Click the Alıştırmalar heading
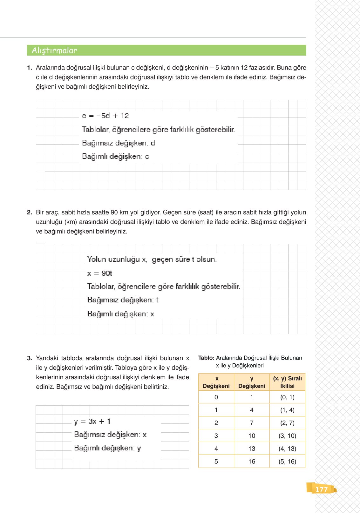click(x=54, y=51)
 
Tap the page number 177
click(x=321, y=489)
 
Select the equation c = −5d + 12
click(x=105, y=116)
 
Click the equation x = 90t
click(x=99, y=273)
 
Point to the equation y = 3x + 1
click(x=92, y=422)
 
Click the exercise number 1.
click(x=30, y=68)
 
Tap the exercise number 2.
click(x=30, y=213)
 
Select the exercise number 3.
click(x=30, y=358)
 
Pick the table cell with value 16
click(x=252, y=462)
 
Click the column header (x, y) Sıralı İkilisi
click(x=287, y=382)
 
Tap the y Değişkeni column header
click(x=252, y=382)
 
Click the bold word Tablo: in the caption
click(x=206, y=358)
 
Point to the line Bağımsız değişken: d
click(x=119, y=143)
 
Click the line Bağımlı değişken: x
click(x=121, y=314)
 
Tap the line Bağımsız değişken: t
click(x=123, y=300)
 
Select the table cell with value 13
click(x=252, y=449)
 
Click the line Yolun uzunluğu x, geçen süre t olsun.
click(x=152, y=259)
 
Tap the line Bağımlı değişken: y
click(x=107, y=448)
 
